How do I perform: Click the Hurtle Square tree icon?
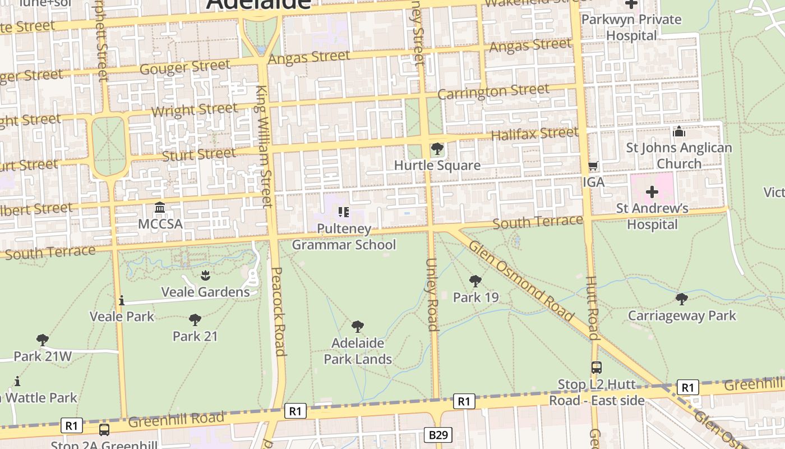tap(437, 149)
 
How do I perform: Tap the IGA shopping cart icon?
tap(593, 166)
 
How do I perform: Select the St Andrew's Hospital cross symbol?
tap(652, 192)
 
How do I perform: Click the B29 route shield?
tap(437, 435)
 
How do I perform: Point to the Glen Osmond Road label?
tap(520, 281)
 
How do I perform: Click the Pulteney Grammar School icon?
tap(343, 212)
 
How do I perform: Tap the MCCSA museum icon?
tap(160, 208)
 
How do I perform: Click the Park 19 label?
tap(475, 297)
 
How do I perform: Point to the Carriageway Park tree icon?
tap(681, 299)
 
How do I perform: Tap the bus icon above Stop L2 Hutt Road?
tap(597, 368)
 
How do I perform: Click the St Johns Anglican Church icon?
tap(679, 132)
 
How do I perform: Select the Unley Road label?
tap(432, 295)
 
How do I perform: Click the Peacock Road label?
tap(279, 311)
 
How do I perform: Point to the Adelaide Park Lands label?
tap(358, 351)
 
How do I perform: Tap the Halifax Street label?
tap(534, 134)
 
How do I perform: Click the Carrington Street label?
tap(493, 91)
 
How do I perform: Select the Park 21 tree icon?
tap(195, 320)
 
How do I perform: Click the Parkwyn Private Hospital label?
tap(631, 27)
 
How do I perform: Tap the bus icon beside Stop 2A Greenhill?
tap(104, 430)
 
